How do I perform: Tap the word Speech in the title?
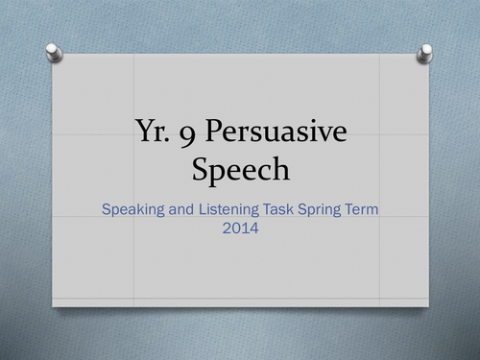[240, 170]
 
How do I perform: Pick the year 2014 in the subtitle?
[240, 229]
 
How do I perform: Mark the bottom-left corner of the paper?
[53, 305]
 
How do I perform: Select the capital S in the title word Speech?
[201, 170]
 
